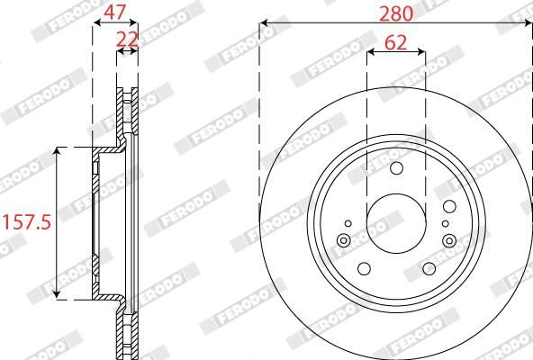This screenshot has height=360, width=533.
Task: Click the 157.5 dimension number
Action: click(24, 221)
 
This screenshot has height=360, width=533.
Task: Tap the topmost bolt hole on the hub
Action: click(396, 168)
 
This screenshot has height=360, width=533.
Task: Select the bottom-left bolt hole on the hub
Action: click(364, 268)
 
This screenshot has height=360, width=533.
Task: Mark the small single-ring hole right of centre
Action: click(445, 221)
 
